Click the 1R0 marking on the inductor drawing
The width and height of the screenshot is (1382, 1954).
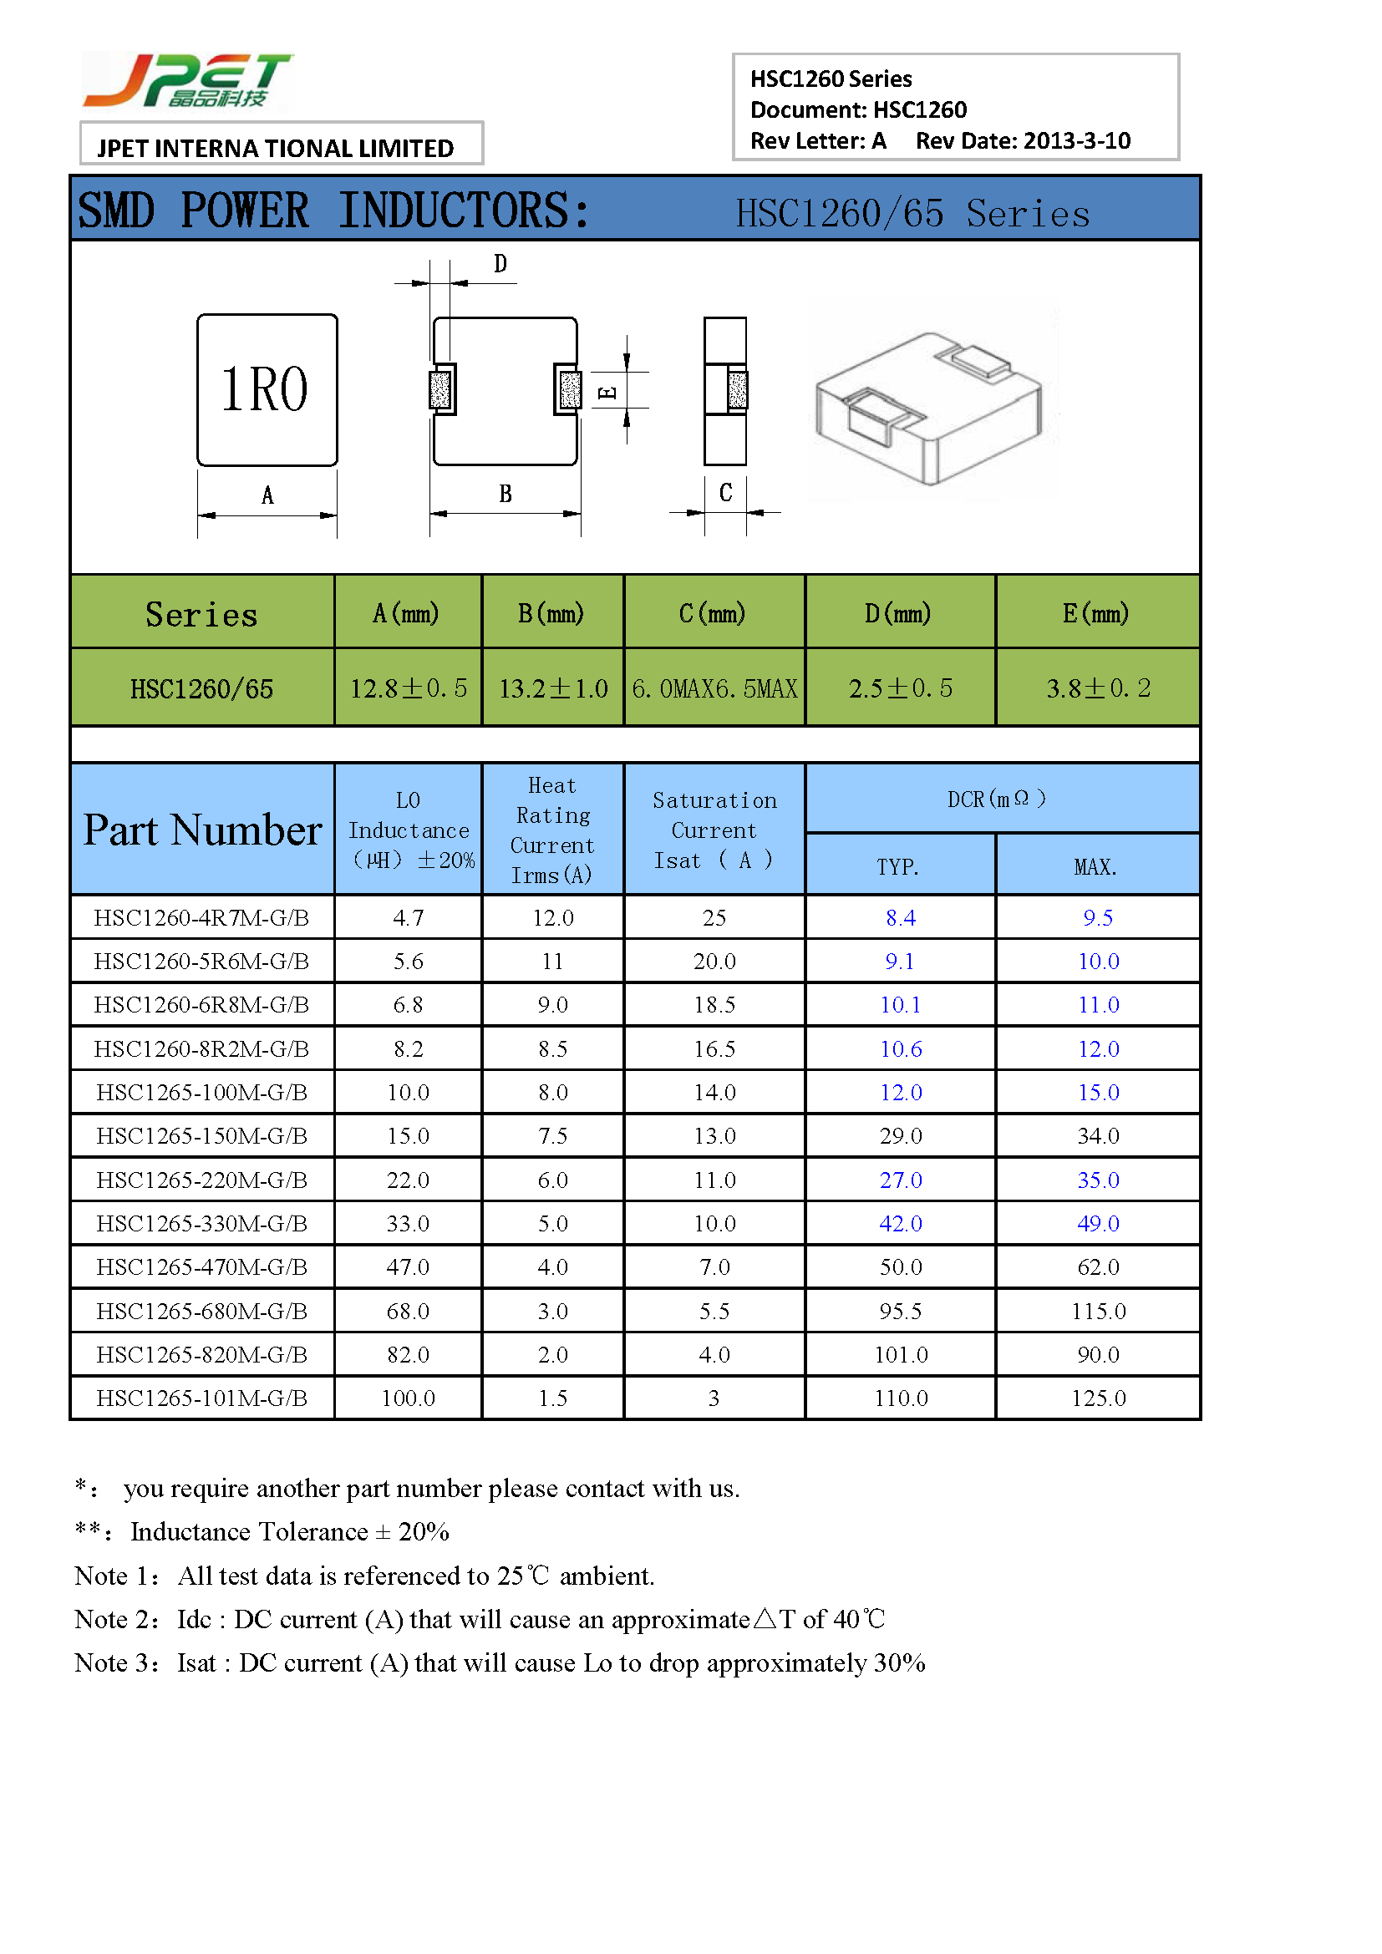tap(265, 390)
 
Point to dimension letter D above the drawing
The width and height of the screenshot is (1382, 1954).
tap(500, 265)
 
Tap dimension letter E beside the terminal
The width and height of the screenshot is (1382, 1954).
tap(607, 393)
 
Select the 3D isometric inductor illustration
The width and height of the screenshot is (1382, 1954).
tap(930, 406)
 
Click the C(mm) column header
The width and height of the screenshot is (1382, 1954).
tap(713, 612)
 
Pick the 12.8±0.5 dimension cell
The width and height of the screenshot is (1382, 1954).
tap(409, 688)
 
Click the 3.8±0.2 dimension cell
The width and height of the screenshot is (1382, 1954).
tap(1098, 688)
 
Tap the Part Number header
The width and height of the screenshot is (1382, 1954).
tap(202, 830)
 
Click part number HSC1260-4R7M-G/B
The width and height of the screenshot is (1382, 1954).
tap(201, 917)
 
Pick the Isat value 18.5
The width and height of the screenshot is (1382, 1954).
tap(714, 1005)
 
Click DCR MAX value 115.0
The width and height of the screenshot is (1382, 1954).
tap(1098, 1311)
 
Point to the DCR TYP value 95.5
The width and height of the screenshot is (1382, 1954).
tap(901, 1311)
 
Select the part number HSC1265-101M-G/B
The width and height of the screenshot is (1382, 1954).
tap(201, 1398)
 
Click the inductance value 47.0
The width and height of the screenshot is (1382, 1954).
tap(409, 1267)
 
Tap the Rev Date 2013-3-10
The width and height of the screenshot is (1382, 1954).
tap(1023, 140)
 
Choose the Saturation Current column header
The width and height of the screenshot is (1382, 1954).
tap(714, 830)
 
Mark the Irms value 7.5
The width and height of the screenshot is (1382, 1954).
tap(552, 1136)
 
